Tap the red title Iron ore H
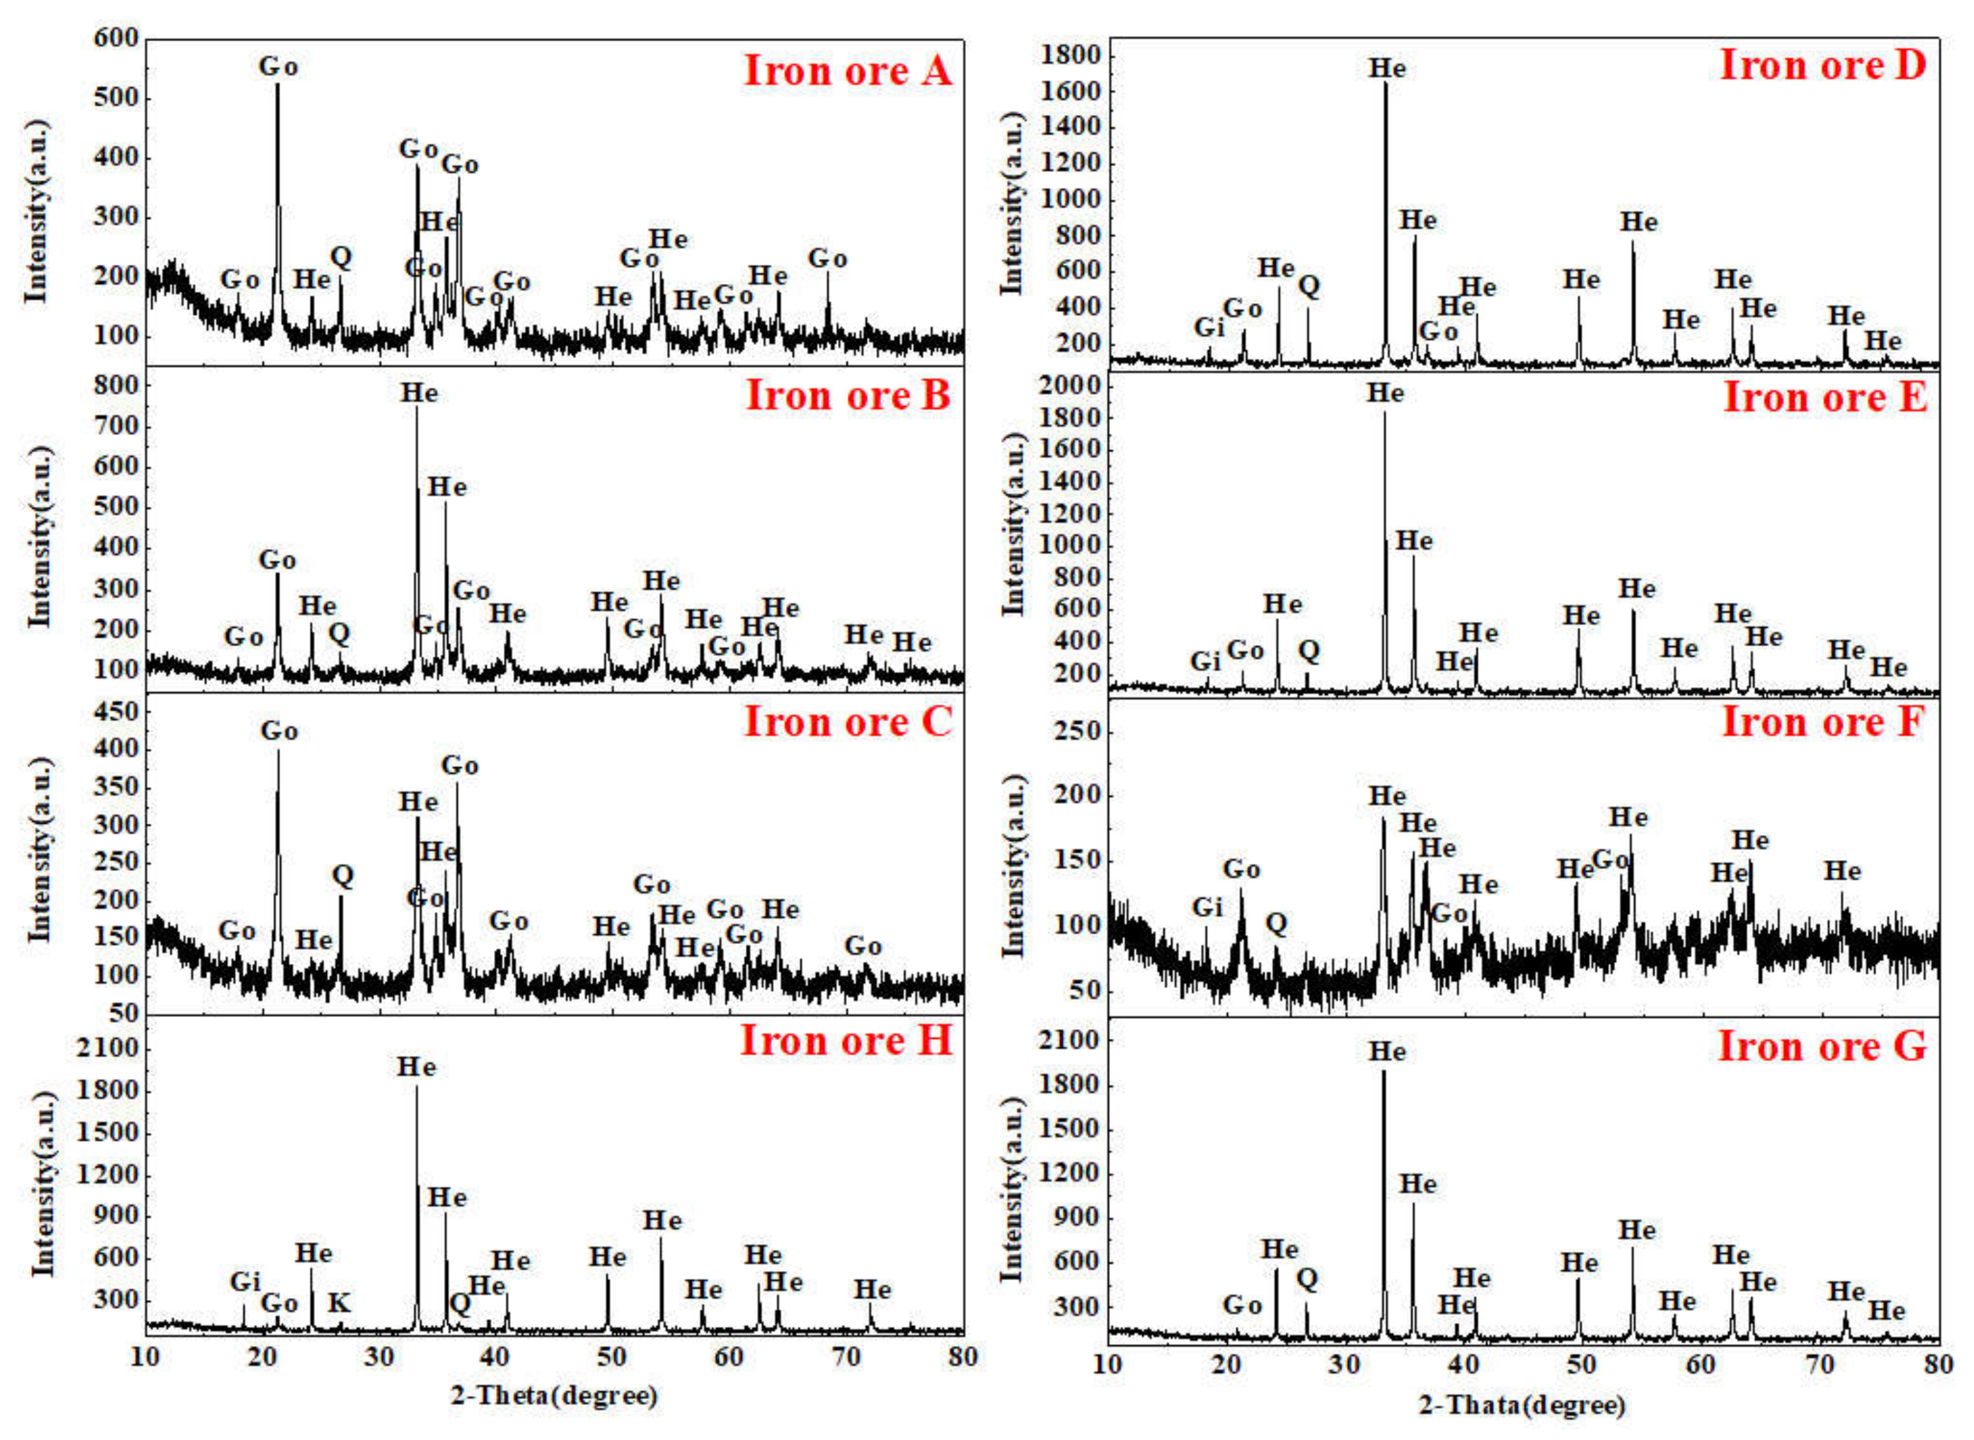pyautogui.click(x=846, y=1041)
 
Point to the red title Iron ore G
pyautogui.click(x=1821, y=1046)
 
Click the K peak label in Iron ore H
pyautogui.click(x=338, y=1303)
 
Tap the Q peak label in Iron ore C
pyautogui.click(x=343, y=875)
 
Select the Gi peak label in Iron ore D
pyautogui.click(x=1209, y=327)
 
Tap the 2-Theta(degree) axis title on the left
pyautogui.click(x=553, y=1396)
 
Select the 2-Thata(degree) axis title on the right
pyautogui.click(x=1522, y=1405)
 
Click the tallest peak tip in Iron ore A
pyautogui.click(x=277, y=84)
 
